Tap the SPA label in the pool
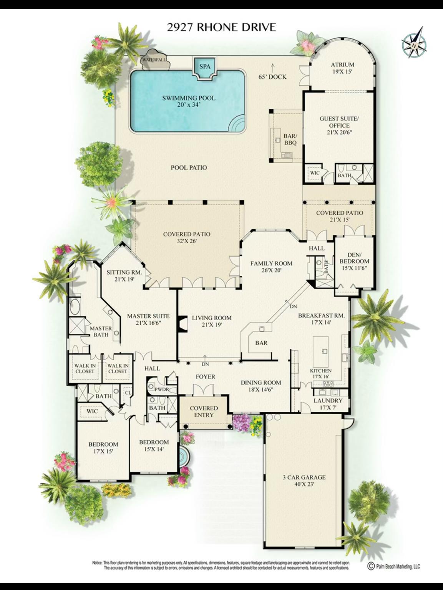click(205, 66)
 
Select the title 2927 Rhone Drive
click(221, 27)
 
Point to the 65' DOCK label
click(272, 77)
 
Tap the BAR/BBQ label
click(290, 139)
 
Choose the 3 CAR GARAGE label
click(304, 481)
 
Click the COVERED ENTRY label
click(204, 411)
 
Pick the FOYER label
click(205, 377)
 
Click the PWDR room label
click(162, 389)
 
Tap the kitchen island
click(321, 351)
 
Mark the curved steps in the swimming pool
click(238, 124)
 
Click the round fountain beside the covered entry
click(184, 456)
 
